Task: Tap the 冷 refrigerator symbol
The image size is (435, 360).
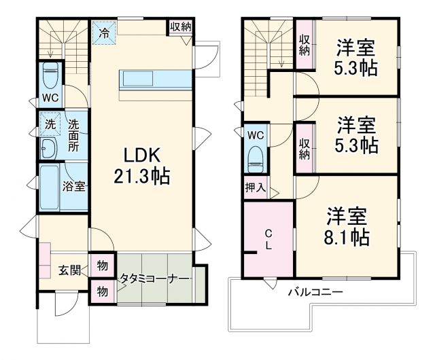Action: pyautogui.click(x=105, y=32)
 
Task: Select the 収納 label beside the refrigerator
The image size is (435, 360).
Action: pyautogui.click(x=180, y=26)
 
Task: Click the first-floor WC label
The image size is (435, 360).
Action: pyautogui.click(x=51, y=98)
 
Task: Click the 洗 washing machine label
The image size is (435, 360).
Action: pyautogui.click(x=50, y=124)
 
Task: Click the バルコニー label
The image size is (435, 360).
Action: pyautogui.click(x=315, y=293)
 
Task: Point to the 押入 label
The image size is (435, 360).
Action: pyautogui.click(x=256, y=187)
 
